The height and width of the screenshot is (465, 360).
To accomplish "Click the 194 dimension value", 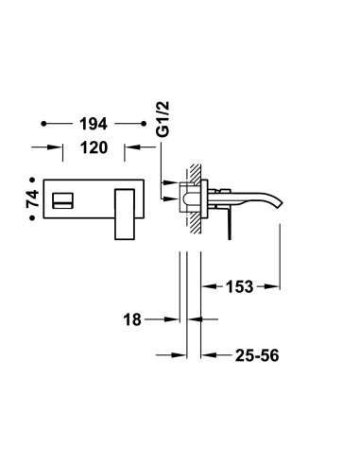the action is point(94,124).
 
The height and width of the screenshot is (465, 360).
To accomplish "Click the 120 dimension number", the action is point(94,147).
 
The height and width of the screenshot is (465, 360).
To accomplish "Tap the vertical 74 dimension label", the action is point(32,198).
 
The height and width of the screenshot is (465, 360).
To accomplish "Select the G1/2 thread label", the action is point(163,119).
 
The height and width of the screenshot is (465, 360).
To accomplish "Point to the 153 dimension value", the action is point(239,286).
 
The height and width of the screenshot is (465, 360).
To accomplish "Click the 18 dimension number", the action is point(132,319).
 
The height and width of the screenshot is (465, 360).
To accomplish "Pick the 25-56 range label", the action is point(257,355).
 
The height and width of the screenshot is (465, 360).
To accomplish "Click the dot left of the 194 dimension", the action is point(43,124).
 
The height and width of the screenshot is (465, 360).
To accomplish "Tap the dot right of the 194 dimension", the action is point(144,124).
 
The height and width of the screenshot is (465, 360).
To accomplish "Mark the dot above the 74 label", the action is point(32,180).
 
